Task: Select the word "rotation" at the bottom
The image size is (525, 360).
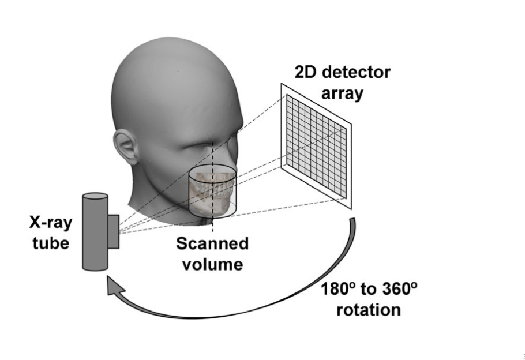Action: point(368,309)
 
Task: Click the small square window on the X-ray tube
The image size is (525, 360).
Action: point(113,231)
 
